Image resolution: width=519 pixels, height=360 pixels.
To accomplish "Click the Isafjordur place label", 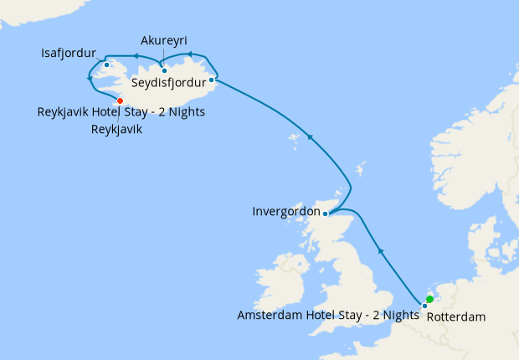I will pyautogui.click(x=68, y=54).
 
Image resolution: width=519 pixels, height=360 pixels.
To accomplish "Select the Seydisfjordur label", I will pyautogui.click(x=168, y=83).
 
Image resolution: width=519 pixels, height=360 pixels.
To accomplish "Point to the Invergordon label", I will pyautogui.click(x=285, y=212).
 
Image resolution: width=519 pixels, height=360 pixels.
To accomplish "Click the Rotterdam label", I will pyautogui.click(x=455, y=317).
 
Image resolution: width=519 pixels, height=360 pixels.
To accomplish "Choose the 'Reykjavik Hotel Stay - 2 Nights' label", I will pyautogui.click(x=121, y=111).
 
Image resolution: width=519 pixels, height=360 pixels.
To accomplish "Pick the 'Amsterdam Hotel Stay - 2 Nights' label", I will pyautogui.click(x=328, y=315).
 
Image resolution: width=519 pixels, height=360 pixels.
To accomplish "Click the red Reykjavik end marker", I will pyautogui.click(x=120, y=100).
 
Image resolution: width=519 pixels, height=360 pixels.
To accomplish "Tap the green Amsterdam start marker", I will pyautogui.click(x=429, y=299).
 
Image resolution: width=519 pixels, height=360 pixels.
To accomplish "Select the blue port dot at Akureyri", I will pyautogui.click(x=164, y=69).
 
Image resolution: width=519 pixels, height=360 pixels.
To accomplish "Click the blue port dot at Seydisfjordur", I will pyautogui.click(x=211, y=80).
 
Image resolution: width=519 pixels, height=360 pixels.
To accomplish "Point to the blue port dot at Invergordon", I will pyautogui.click(x=326, y=213).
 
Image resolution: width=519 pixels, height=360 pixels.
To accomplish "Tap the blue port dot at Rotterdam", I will pyautogui.click(x=424, y=306).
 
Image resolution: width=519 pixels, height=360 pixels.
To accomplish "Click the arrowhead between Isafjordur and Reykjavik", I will pyautogui.click(x=90, y=79).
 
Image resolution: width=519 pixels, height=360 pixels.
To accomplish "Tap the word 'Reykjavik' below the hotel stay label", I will pyautogui.click(x=116, y=130).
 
